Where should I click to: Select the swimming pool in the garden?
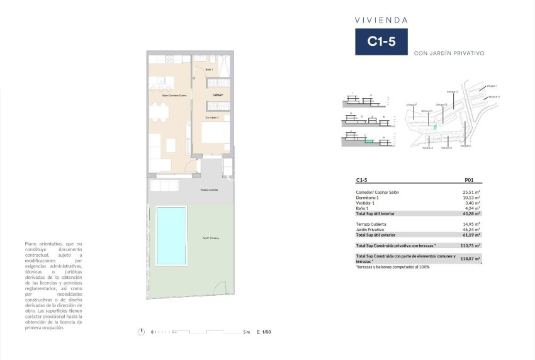pos(171,235)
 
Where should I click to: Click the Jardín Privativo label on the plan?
pos(211,239)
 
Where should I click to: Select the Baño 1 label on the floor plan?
pos(209,69)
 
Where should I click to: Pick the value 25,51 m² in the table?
pos(471,192)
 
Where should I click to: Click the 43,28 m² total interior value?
pos(471,213)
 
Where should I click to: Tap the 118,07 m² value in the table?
pos(471,258)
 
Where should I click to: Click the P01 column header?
pos(468,179)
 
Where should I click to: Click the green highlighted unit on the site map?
pos(435,128)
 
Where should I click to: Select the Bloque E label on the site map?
pos(466,146)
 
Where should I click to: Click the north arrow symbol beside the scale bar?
pos(143,332)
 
